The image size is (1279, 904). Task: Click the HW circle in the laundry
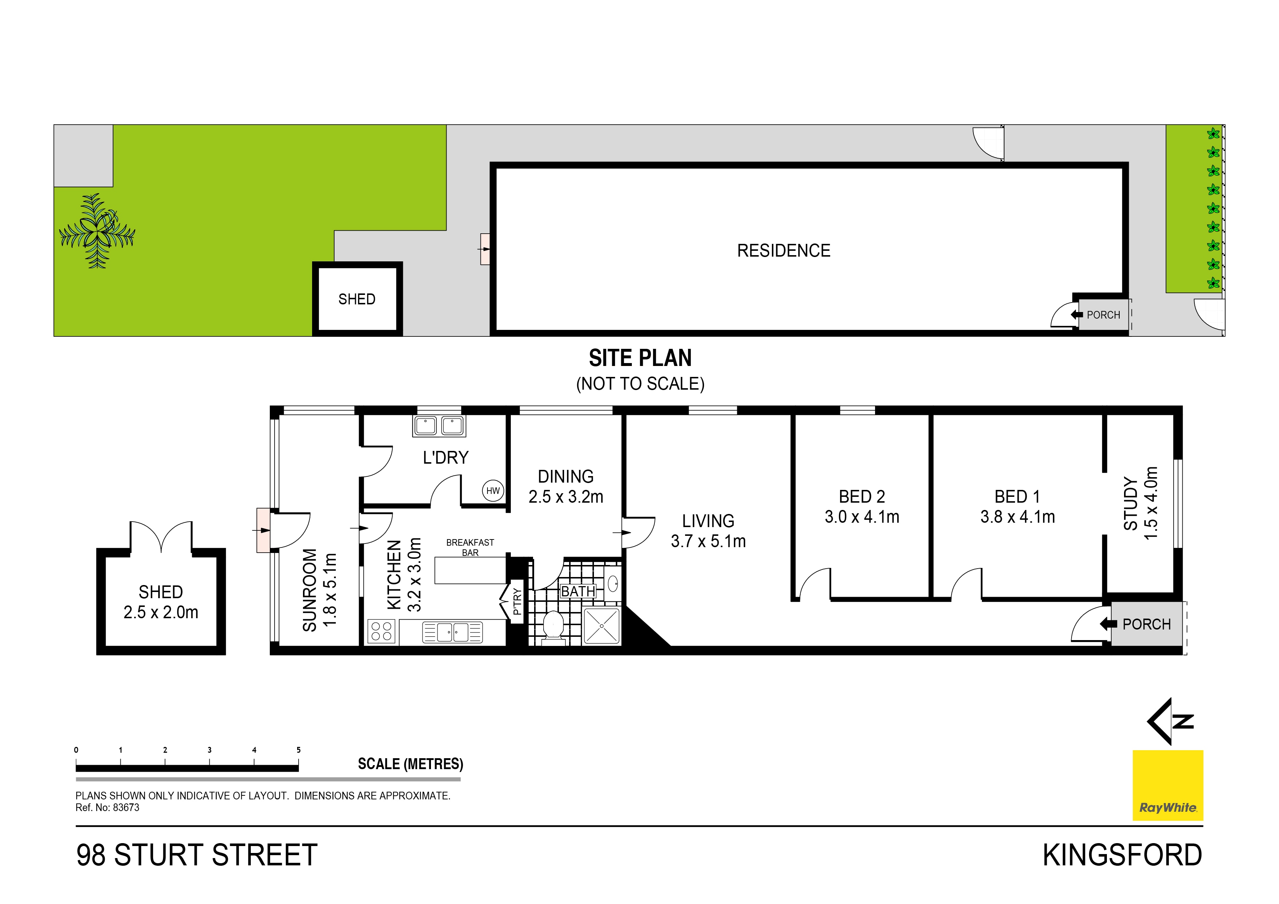point(493,491)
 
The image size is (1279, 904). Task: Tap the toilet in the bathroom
point(553,626)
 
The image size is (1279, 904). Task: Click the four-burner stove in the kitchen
point(382,632)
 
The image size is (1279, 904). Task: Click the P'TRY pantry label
point(517,601)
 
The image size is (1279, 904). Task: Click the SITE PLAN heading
point(640,358)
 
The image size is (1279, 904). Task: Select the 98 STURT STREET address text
point(197,856)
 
